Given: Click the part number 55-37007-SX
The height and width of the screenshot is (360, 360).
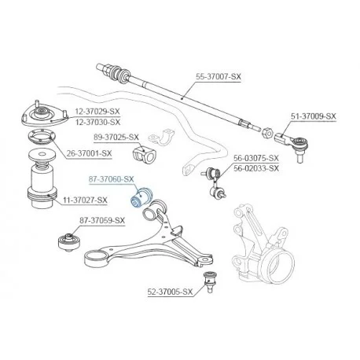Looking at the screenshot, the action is click(x=219, y=77).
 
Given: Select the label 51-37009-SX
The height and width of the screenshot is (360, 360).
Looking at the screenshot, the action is click(x=314, y=116).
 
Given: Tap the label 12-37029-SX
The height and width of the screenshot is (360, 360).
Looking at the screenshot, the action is click(x=97, y=112).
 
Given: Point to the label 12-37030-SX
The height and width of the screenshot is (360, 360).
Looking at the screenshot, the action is click(x=97, y=122).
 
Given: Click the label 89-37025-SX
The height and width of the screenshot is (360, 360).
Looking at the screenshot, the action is click(x=116, y=138).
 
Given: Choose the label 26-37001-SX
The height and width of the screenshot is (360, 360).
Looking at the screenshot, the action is click(x=89, y=153).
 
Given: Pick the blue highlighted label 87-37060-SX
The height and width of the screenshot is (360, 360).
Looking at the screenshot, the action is click(x=112, y=179).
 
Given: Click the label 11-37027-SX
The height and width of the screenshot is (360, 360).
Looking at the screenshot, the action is click(x=85, y=200).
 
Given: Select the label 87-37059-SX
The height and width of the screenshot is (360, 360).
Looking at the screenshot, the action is click(x=102, y=221).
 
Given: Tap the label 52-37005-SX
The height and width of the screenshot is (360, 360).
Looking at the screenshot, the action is click(x=170, y=292).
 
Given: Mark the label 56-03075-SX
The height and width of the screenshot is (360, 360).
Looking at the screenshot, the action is click(x=256, y=158).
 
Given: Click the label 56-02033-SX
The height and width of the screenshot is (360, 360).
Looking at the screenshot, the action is click(x=256, y=168).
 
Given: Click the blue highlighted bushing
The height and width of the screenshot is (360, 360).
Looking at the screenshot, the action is click(x=141, y=197).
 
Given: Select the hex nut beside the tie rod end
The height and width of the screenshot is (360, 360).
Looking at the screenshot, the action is click(x=266, y=133).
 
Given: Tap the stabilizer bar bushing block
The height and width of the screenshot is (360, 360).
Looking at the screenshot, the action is click(x=143, y=155).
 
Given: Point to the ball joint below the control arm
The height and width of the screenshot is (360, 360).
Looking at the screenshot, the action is click(x=210, y=281).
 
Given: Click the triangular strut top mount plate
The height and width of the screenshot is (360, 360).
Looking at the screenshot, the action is click(x=45, y=116).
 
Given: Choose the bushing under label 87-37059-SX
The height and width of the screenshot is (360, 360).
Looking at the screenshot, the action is click(x=68, y=242).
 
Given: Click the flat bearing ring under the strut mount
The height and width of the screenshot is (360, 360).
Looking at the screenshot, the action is click(x=42, y=137).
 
